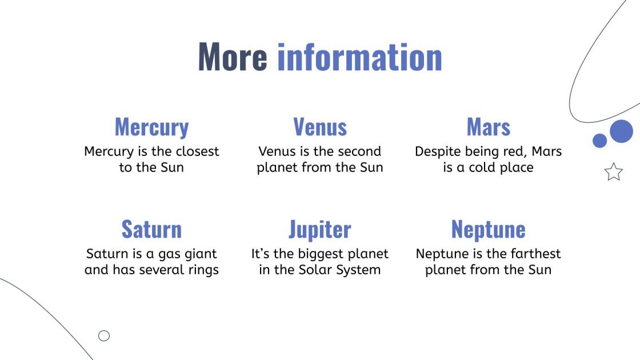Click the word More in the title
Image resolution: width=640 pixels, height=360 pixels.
coord(232,57)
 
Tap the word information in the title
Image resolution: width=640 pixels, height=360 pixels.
coord(359,57)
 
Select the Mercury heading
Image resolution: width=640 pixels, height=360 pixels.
coord(151,127)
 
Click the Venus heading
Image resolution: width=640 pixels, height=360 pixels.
coord(320,127)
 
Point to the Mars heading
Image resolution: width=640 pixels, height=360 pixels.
coord(489,127)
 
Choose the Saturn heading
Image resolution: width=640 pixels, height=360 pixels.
coord(151,229)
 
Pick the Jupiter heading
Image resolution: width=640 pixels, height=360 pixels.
coord(320,230)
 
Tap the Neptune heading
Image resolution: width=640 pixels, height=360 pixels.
coord(489,229)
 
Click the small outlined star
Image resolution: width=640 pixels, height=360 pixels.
coord(613,171)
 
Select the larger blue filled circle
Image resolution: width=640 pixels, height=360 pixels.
coord(621,131)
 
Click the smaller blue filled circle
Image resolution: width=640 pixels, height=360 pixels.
coord(599,141)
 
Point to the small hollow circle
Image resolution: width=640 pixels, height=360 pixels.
coord(104,336)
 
